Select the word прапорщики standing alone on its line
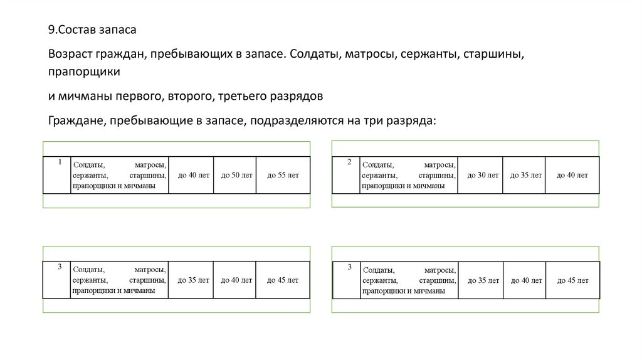[x=84, y=73]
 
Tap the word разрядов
[x=297, y=97]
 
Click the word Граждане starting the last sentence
[x=76, y=120]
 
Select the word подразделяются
[x=292, y=120]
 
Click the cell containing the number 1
[x=57, y=174]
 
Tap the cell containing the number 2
[x=347, y=174]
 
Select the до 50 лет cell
[x=235, y=175]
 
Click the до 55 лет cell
[x=283, y=175]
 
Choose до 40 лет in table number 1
[x=191, y=175]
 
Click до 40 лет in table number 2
[x=572, y=175]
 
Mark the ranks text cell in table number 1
[x=119, y=175]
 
